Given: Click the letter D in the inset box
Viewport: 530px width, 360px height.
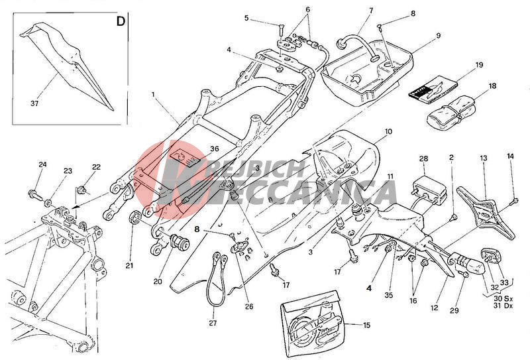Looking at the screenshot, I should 121,21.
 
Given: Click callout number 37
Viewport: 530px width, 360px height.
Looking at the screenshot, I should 36,103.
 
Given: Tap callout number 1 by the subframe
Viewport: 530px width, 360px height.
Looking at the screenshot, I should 153,95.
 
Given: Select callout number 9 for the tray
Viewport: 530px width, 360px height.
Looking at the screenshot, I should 438,34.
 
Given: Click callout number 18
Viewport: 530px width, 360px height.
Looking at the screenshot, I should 492,86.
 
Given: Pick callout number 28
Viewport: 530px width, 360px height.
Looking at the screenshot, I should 424,159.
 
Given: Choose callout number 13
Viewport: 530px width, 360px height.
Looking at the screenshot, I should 484,159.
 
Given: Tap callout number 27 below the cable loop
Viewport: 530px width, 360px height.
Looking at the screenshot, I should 213,324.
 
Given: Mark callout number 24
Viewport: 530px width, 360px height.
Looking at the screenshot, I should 42,164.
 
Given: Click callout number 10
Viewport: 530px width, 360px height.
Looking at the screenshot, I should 388,132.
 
